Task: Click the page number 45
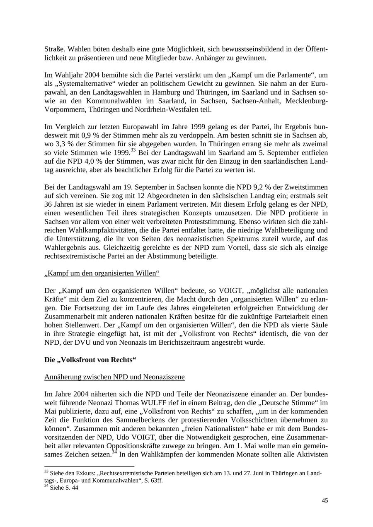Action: pyautogui.click(x=325, y=500)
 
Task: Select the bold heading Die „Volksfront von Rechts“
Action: pyautogui.click(x=90, y=360)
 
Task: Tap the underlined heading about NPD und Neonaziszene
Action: pyautogui.click(x=114, y=377)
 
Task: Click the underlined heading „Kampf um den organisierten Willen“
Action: pyautogui.click(x=102, y=273)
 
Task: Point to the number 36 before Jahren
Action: pyautogui.click(x=48, y=205)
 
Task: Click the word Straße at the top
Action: pyautogui.click(x=53, y=49)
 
